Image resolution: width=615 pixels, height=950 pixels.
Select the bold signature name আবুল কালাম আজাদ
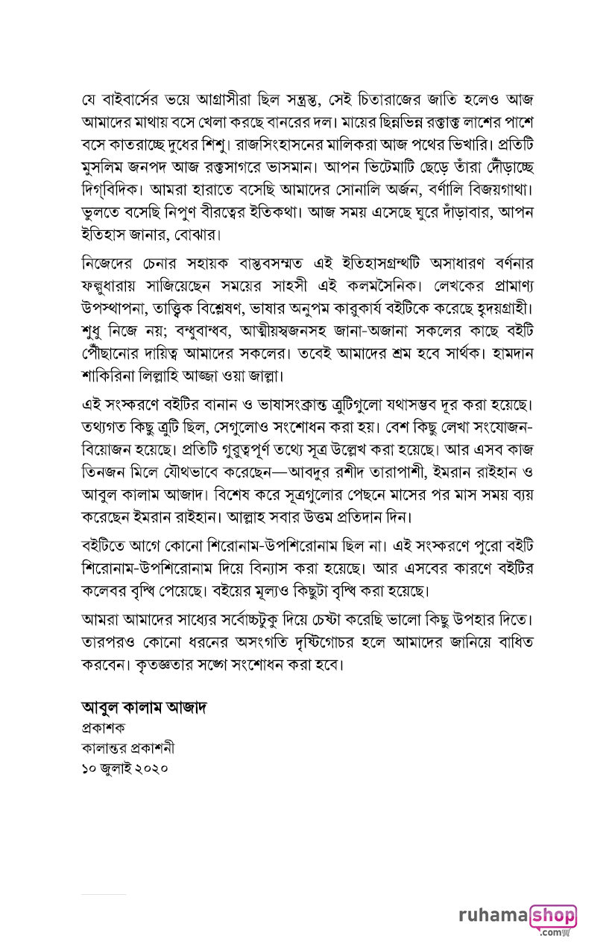pyautogui.click(x=143, y=706)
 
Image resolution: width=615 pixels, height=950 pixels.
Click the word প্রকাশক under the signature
pyautogui.click(x=104, y=727)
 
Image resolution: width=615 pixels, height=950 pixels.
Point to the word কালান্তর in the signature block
pyautogui.click(x=104, y=747)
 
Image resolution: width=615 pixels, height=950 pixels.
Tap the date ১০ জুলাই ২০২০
pyautogui.click(x=125, y=768)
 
